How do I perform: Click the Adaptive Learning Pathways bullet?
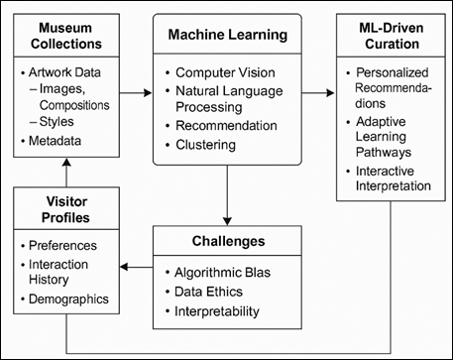(395, 135)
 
